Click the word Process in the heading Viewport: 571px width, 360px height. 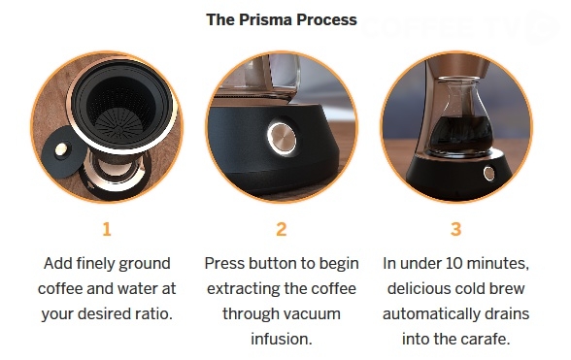(x=326, y=19)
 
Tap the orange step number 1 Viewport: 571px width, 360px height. (x=107, y=229)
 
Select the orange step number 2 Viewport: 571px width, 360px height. (x=282, y=229)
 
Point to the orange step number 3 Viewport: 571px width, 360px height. (x=456, y=229)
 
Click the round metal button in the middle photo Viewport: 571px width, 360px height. (x=282, y=139)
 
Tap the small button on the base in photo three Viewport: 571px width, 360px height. (x=489, y=173)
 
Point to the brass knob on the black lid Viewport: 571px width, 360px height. (x=60, y=148)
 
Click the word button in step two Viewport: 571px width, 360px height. (x=272, y=263)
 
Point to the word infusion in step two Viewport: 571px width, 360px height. (x=282, y=339)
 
